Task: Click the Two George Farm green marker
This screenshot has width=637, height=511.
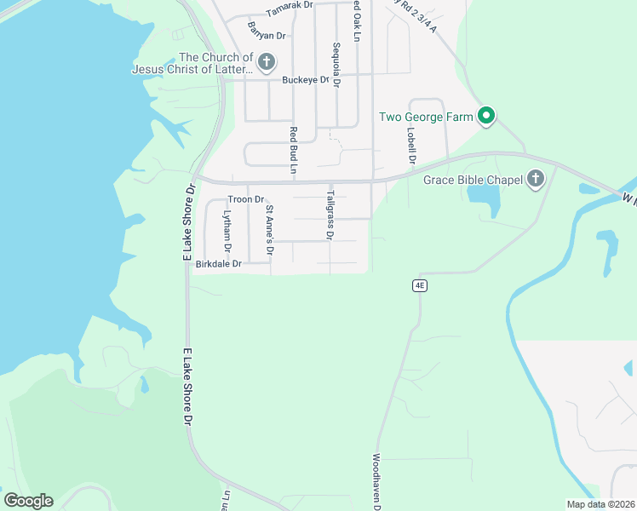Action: pos(486,116)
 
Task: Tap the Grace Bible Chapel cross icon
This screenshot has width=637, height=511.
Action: pos(536,178)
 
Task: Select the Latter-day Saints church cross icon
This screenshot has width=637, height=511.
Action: pos(267,61)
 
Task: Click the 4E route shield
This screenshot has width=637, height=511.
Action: pos(419,286)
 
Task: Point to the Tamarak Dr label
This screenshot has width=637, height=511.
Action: pos(289,11)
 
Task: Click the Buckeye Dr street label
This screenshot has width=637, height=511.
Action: pos(306,80)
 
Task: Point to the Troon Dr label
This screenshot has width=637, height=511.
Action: pos(246,199)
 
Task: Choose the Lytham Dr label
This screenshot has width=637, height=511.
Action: pos(227,233)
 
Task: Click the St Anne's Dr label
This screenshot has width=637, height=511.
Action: pos(269,231)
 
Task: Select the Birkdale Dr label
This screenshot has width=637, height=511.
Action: pos(219,264)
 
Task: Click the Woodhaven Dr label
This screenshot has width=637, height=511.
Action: pos(376,481)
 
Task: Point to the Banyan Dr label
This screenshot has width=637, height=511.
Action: pos(267,35)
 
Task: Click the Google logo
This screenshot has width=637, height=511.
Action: pos(28,501)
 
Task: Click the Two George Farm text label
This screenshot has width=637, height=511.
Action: pos(425,117)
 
